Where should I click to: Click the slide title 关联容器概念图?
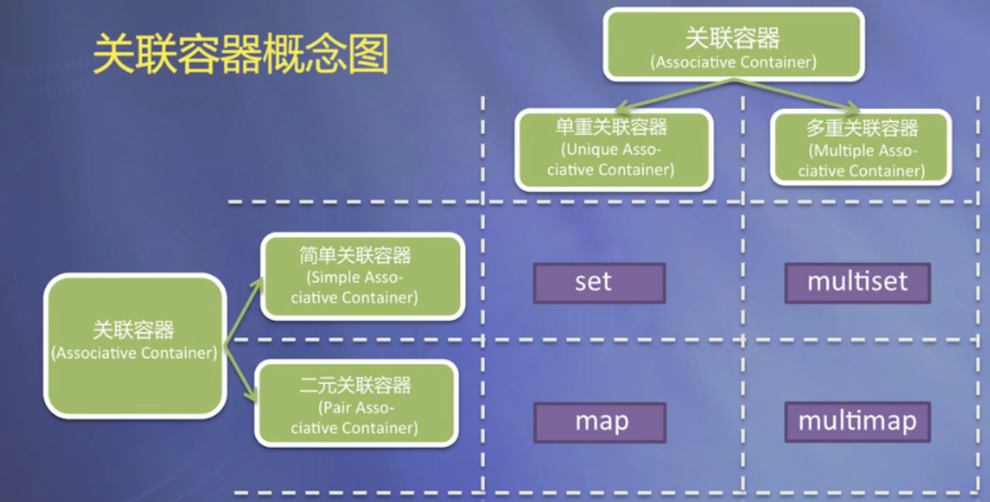click(x=240, y=55)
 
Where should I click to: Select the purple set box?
click(x=599, y=283)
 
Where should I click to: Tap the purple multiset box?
click(x=857, y=283)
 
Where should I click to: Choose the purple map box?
click(x=599, y=421)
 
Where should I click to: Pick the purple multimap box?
click(x=857, y=421)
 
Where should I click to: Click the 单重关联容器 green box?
click(x=613, y=148)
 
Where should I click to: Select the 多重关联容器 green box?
click(x=860, y=148)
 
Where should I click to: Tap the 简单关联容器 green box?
click(x=362, y=276)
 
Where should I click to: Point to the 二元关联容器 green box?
click(x=356, y=404)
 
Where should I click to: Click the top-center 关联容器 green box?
click(x=732, y=44)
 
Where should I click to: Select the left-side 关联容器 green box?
click(x=134, y=345)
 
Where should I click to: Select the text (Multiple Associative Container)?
click(x=861, y=161)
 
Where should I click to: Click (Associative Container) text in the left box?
click(x=134, y=353)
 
